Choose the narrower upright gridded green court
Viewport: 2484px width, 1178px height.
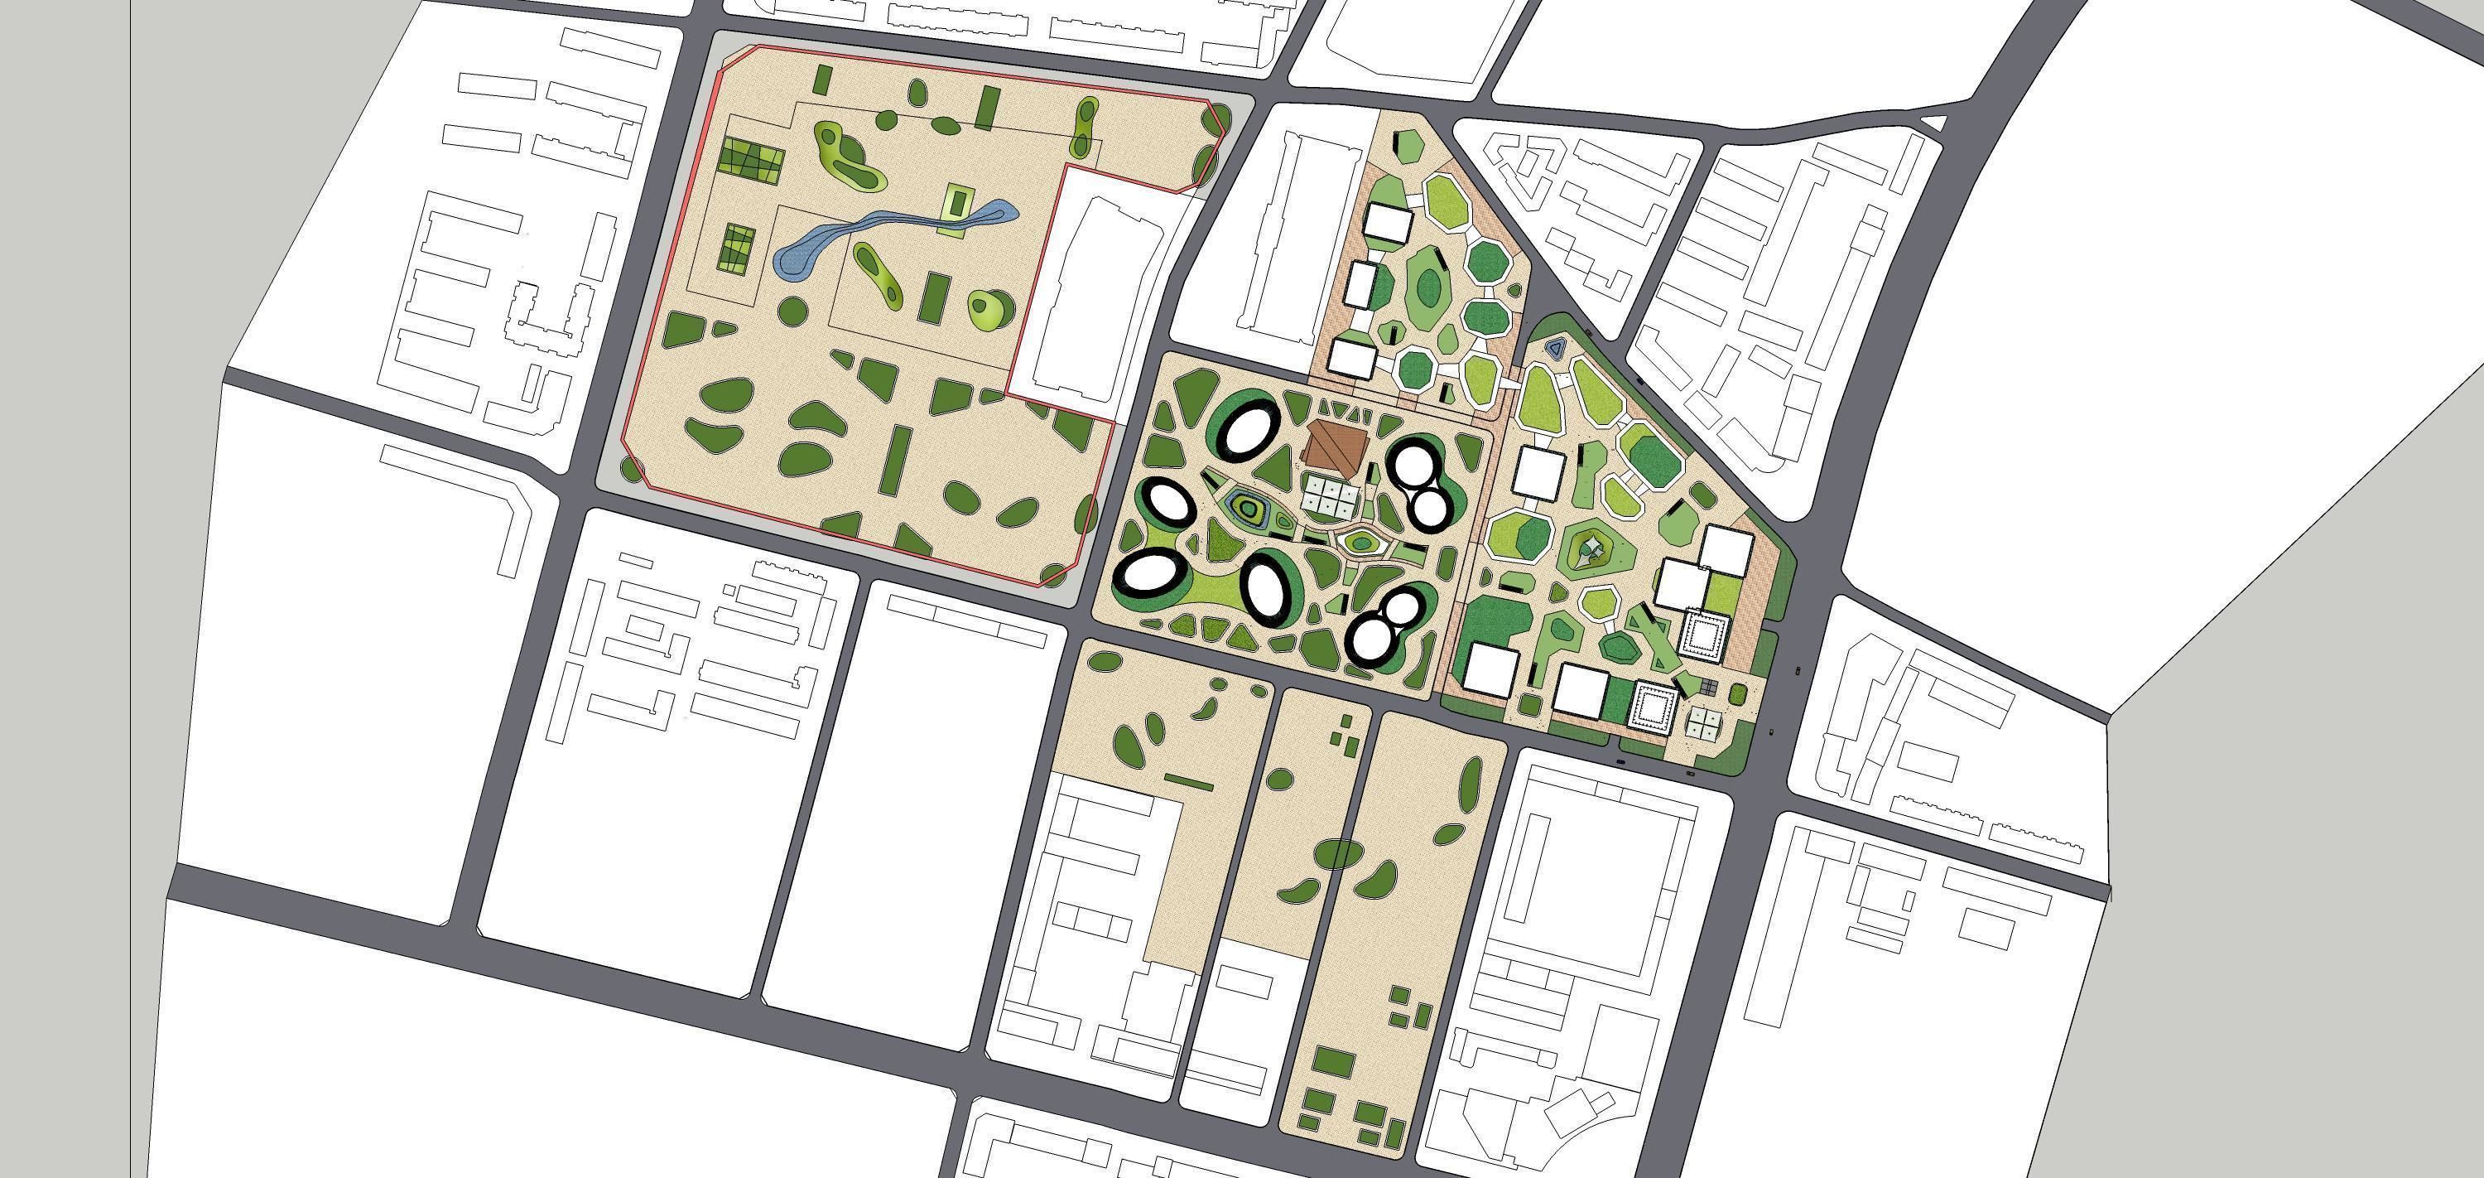click(738, 249)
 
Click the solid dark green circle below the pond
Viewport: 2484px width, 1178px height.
click(792, 311)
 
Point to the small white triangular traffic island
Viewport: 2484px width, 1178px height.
click(1933, 123)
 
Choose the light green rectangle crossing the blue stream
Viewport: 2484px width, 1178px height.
click(956, 210)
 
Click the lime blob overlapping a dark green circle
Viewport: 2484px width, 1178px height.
click(989, 309)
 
